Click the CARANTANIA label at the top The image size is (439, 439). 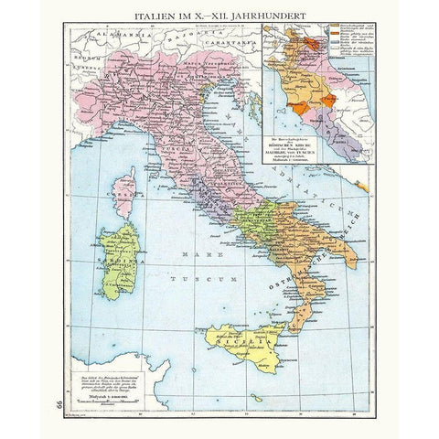point(230,42)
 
